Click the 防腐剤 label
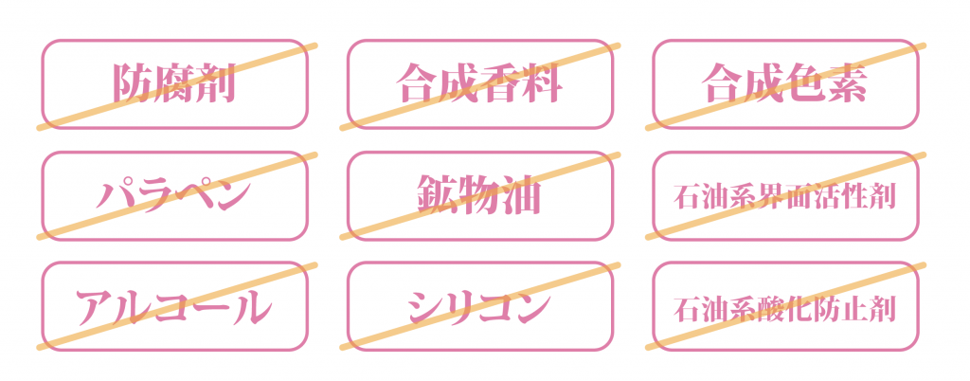174,84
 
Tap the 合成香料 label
480,84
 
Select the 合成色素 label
785,84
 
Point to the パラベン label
174,196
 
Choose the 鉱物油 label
480,196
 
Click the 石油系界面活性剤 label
785,197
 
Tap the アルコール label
174,307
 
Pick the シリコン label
480,307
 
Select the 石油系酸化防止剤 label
785,308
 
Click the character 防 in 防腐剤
134,84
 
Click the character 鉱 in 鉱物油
440,196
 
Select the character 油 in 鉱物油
522,196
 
